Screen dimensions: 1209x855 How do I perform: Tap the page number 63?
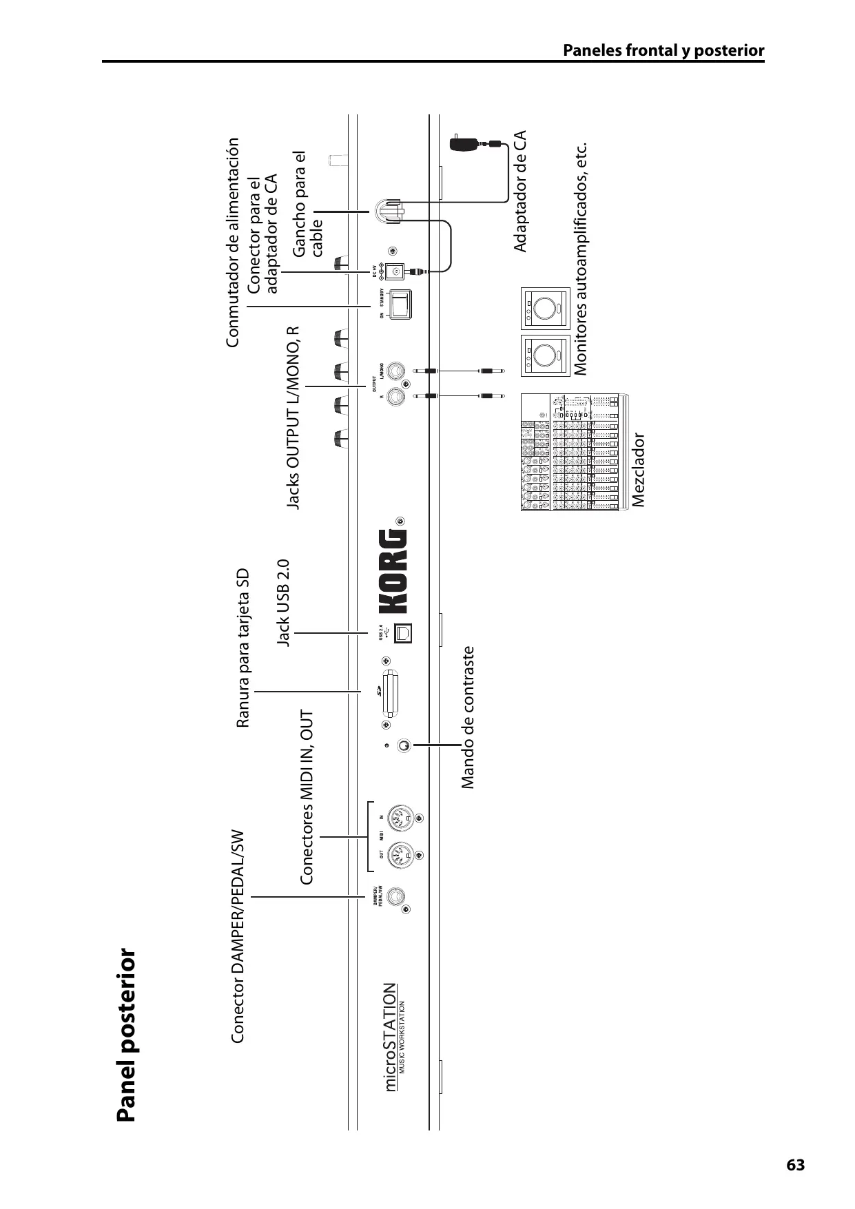[x=795, y=1165]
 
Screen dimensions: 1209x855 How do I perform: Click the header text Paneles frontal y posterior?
[x=663, y=50]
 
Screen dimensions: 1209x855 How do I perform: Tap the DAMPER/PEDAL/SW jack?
[x=395, y=896]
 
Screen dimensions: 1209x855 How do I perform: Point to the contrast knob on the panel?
[x=404, y=745]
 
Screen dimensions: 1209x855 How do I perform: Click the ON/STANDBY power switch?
[x=400, y=304]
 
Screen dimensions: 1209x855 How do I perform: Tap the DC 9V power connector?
[x=396, y=271]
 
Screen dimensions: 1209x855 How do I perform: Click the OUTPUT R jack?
[x=396, y=397]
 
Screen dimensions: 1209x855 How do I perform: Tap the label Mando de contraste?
[x=468, y=717]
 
